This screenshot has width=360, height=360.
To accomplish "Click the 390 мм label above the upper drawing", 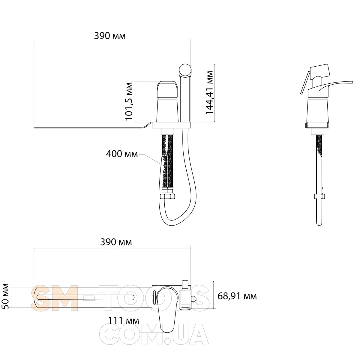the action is click(x=110, y=36).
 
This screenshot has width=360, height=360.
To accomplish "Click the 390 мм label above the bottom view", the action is click(x=116, y=242).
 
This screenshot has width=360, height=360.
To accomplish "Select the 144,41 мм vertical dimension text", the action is click(x=209, y=92).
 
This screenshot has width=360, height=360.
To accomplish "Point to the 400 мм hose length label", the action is click(x=122, y=154).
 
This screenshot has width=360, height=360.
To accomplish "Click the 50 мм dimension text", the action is click(x=6, y=296).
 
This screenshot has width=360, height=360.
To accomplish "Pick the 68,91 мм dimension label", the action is click(x=237, y=296).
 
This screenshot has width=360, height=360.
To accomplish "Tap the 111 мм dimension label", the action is click(x=124, y=321).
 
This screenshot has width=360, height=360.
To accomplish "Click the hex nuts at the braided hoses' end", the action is click(x=168, y=196).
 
